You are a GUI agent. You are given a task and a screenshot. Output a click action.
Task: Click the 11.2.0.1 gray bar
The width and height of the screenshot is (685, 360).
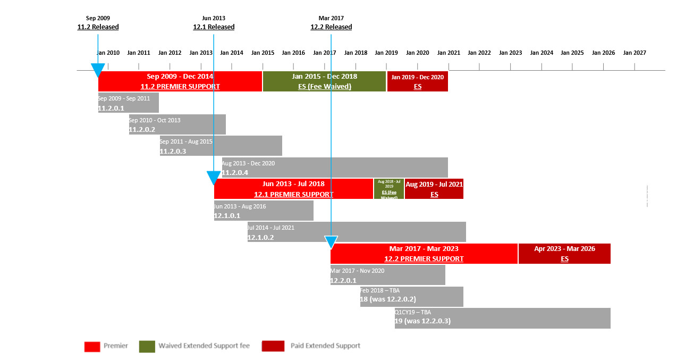[x=128, y=103]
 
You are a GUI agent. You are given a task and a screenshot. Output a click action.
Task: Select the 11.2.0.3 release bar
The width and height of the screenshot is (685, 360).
[x=221, y=146]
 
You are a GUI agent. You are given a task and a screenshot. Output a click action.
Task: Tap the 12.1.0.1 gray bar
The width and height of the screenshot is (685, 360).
[x=264, y=211]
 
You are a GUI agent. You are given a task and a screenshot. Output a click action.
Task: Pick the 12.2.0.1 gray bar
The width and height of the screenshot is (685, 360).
[x=387, y=275]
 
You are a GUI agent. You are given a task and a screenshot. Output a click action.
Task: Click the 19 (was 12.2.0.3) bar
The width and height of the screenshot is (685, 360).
[x=502, y=318]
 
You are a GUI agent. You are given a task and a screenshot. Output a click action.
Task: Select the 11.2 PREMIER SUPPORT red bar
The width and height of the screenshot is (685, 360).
[x=180, y=81]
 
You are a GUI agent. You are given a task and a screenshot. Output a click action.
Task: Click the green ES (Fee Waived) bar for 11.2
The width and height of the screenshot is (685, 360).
[x=324, y=81]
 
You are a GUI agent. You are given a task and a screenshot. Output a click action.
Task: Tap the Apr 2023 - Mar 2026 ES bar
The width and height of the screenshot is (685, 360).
[x=564, y=254]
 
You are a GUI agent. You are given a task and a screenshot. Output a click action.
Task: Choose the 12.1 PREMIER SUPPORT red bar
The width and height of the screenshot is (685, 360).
[x=293, y=189]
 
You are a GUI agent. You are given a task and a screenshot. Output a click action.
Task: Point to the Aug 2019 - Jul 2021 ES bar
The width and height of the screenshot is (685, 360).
[x=434, y=189]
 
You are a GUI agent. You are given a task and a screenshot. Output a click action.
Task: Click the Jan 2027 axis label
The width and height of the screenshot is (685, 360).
[x=635, y=53]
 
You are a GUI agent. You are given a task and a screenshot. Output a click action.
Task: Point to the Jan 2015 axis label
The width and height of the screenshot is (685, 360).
[x=263, y=53]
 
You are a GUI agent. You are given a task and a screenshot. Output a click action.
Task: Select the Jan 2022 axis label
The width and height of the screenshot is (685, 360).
[x=479, y=53]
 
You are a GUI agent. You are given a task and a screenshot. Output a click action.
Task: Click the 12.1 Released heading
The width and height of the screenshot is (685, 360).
[x=214, y=27]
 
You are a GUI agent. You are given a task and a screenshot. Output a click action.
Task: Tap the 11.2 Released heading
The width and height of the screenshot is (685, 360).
[x=98, y=27]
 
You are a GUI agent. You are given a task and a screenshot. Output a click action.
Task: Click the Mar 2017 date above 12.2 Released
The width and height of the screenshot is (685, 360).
[x=331, y=18]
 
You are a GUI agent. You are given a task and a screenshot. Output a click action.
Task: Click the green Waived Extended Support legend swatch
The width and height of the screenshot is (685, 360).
[x=147, y=346]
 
